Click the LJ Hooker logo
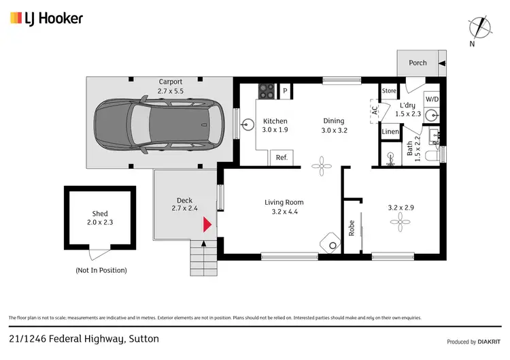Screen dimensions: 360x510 47,18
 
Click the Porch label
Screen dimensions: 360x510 418,63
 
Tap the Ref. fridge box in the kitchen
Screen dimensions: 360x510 282,157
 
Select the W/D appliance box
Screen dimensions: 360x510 432,99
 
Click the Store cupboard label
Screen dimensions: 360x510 389,91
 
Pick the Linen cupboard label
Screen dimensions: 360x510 390,131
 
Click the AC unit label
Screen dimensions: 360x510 374,110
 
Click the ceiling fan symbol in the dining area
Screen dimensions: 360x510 320,163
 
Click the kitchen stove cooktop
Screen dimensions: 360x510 265,91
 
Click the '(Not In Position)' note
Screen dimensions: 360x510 101,270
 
